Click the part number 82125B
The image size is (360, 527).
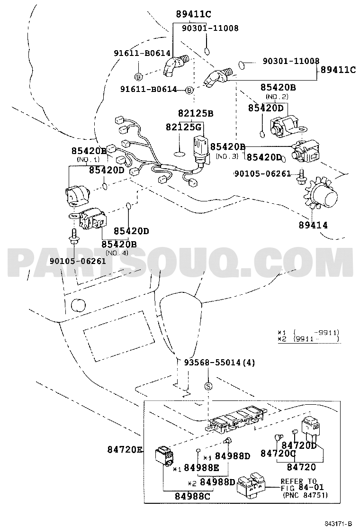[x=196, y=114]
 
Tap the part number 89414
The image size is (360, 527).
[x=313, y=225]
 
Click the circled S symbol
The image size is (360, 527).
[x=208, y=386]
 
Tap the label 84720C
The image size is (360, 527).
[x=278, y=454]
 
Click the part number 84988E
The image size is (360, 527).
[x=201, y=468]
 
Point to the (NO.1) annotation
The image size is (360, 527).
[x=89, y=160]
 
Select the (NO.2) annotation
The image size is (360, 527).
[x=278, y=97]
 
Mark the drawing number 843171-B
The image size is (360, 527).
[x=338, y=523]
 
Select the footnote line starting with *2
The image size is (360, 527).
[x=308, y=339]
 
